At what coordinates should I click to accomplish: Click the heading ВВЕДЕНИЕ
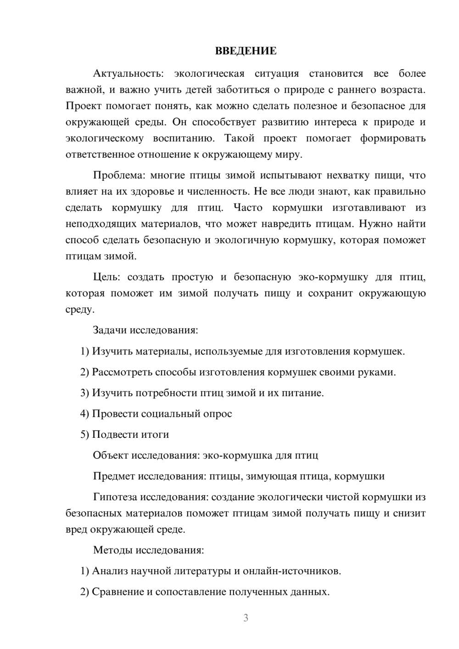(x=246, y=51)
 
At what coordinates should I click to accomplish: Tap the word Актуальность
(x=123, y=74)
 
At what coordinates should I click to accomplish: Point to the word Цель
(x=106, y=277)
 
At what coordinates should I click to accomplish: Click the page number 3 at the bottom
(x=246, y=618)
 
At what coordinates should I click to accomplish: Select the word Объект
(x=111, y=455)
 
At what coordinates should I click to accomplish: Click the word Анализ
(x=110, y=571)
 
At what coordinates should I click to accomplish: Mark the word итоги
(x=156, y=434)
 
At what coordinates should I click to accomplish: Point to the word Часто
(x=248, y=207)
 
